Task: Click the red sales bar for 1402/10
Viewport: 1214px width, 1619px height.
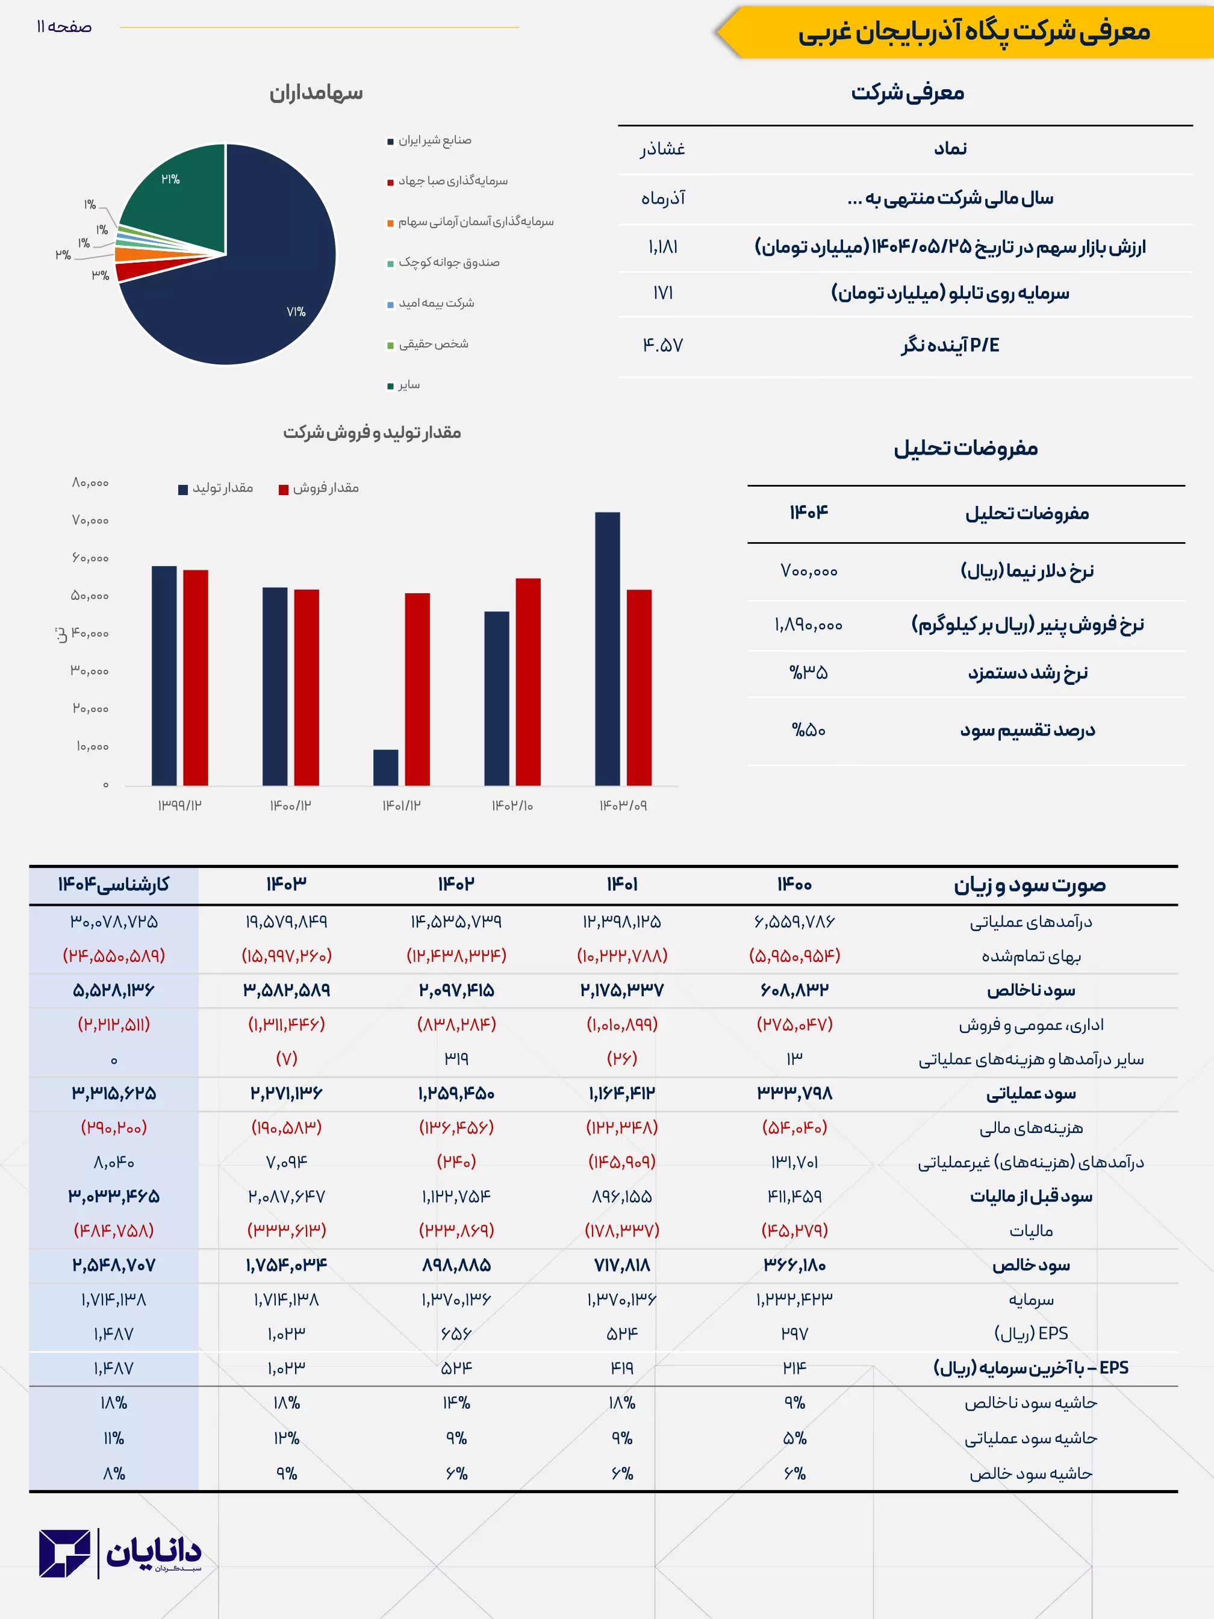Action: coord(528,681)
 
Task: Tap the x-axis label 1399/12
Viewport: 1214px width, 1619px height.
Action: coord(179,805)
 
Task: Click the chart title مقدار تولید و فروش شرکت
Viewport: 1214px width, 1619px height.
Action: coord(372,432)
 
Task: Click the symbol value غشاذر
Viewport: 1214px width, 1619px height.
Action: coord(662,149)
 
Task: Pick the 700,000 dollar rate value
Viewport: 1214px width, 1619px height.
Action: coord(809,571)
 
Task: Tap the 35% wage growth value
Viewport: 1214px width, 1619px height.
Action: coord(809,673)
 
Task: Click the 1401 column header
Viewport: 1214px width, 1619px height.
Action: coord(622,885)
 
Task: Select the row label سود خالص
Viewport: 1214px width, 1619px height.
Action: coord(1030,1265)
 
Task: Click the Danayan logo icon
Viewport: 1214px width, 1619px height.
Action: coord(65,1552)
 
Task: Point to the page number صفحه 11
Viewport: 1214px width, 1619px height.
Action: coord(64,27)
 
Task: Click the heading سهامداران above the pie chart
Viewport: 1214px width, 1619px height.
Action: coord(316,93)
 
